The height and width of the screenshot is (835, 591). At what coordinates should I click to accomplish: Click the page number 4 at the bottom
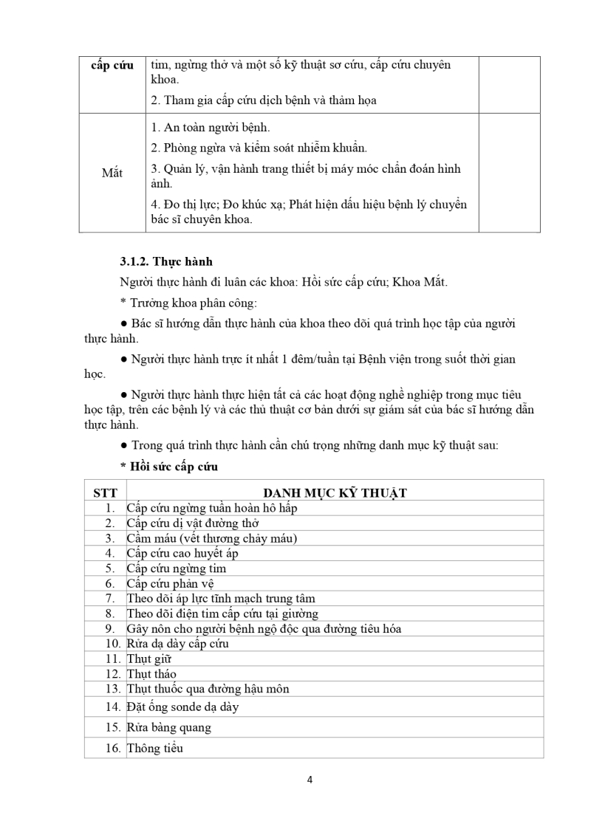click(310, 780)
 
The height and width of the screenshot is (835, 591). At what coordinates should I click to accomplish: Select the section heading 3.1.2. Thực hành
click(166, 262)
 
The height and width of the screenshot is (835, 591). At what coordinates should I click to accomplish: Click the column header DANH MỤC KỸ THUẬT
click(335, 493)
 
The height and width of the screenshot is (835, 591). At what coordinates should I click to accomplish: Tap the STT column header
click(106, 493)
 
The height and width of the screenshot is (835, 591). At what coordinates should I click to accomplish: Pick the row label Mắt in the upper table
click(112, 173)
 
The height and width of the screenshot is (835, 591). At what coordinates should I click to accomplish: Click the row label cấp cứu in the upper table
click(112, 65)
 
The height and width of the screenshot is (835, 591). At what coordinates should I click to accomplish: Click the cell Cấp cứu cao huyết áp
click(182, 553)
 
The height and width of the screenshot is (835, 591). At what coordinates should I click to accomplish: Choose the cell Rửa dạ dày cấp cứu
click(178, 643)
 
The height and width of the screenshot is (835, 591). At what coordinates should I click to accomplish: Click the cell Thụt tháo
click(151, 673)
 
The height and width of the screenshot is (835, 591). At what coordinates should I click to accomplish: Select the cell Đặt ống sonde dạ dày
click(182, 707)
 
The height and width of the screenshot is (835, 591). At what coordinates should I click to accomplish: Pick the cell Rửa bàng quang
click(169, 727)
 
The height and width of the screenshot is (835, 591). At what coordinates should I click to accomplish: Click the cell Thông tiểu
click(155, 748)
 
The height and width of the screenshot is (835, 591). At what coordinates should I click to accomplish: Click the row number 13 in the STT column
click(113, 688)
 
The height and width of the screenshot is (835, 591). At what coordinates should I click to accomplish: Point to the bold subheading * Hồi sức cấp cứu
click(169, 467)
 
